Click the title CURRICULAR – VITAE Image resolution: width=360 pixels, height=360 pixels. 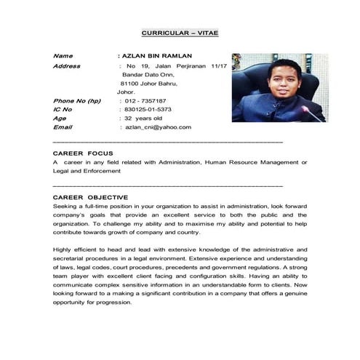[x=179, y=33]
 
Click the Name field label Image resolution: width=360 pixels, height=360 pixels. [x=63, y=55]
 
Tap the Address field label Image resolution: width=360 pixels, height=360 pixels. [x=67, y=66]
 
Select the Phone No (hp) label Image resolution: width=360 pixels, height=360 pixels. [x=77, y=100]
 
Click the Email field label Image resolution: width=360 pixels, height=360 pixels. [x=63, y=127]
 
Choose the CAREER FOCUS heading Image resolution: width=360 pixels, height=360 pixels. [x=83, y=153]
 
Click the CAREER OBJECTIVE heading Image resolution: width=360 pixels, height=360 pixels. [x=90, y=197]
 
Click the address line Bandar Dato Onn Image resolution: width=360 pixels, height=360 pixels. [x=149, y=75]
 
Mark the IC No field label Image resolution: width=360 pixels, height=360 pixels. [x=65, y=109]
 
